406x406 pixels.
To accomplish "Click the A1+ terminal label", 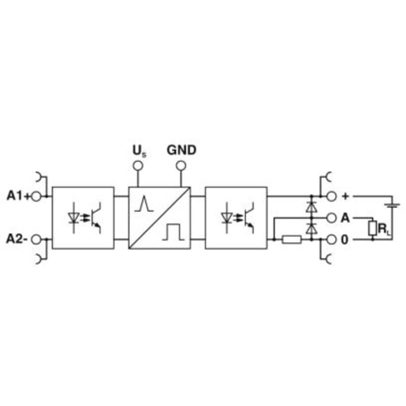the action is coord(18,196).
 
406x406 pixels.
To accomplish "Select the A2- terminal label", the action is coord(17,239).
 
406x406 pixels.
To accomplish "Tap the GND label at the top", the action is coord(182,150).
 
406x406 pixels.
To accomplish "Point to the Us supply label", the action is coord(139,151).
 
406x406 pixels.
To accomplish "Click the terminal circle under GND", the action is coord(181,165).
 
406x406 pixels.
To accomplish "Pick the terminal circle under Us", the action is coord(138,165).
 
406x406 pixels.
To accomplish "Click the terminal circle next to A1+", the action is coord(36,196).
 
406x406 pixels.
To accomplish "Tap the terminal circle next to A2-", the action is coord(36,240).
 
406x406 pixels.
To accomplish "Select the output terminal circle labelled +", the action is coord(331,196).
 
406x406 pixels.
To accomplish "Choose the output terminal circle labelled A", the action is coord(331,218).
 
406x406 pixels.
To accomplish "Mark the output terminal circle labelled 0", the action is coord(331,240).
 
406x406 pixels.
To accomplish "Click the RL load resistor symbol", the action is coord(373,228).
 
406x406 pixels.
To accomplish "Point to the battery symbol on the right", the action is coord(392,206).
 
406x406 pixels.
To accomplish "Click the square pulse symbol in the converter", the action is coord(174,232).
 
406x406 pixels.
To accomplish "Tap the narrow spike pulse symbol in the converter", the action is coord(144,205).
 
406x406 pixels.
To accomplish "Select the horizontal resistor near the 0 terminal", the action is coord(291,240).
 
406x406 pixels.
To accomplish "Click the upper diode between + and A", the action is coord(312,207).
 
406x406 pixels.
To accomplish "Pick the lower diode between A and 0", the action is coord(312,229).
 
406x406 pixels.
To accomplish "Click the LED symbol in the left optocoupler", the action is coord(74,218).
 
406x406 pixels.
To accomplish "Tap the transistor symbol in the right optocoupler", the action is coord(249,218).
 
